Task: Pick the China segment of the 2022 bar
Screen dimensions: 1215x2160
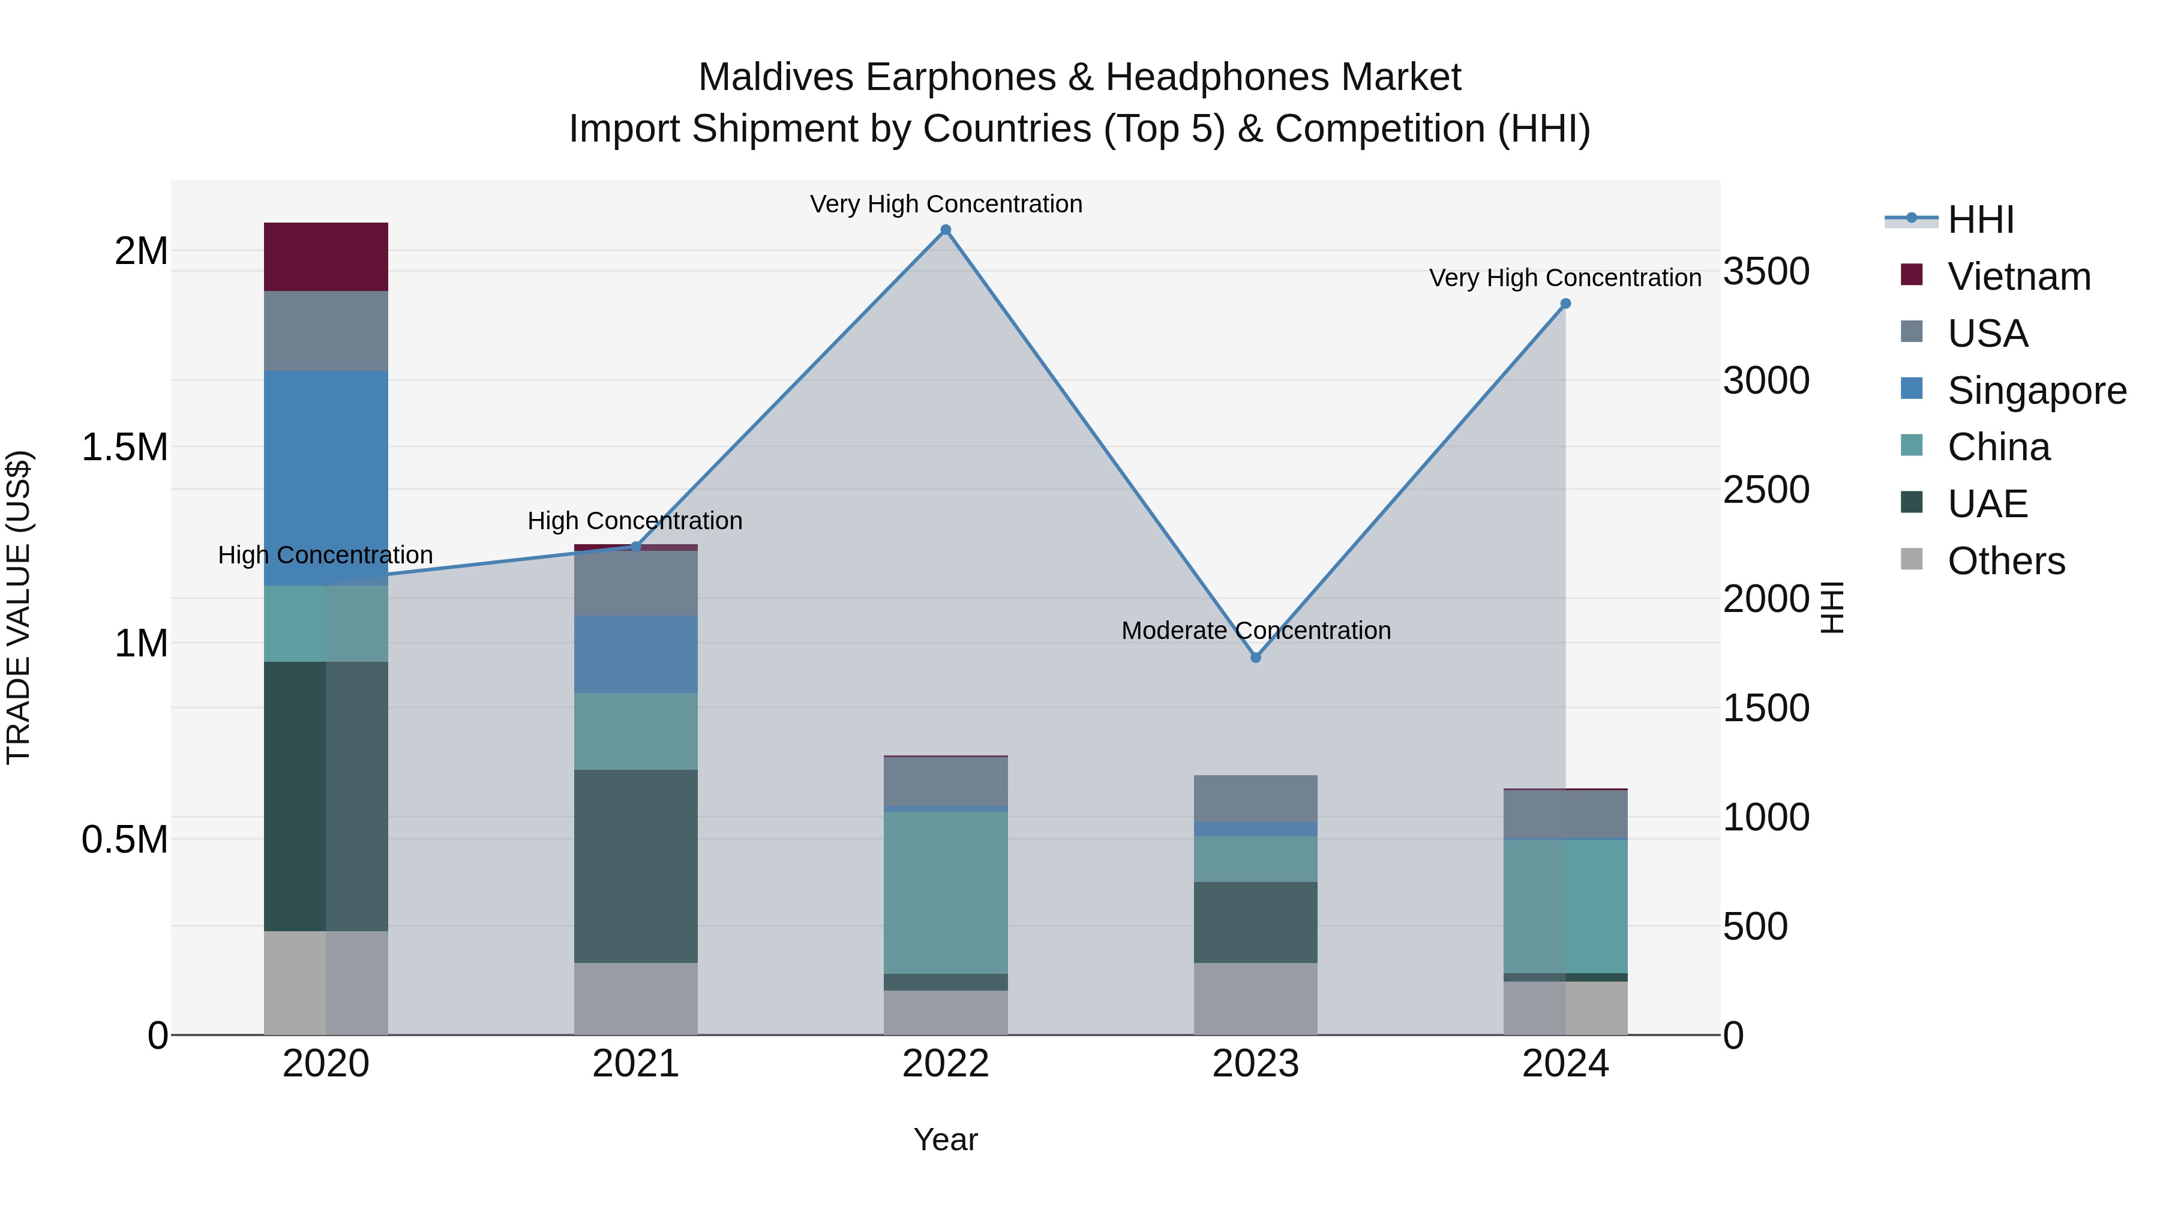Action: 945,892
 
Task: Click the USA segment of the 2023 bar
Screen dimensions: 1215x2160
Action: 1255,798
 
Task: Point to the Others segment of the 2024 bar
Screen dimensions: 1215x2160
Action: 1565,1008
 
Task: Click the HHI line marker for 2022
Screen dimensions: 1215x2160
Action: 946,230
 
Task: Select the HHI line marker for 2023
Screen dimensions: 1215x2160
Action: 1255,658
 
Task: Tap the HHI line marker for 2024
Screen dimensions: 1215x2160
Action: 1565,304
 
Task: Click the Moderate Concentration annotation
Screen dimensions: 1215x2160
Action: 1255,631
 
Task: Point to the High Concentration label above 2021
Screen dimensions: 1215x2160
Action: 635,521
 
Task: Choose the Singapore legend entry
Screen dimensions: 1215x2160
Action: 2036,391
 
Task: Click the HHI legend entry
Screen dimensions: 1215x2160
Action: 1980,220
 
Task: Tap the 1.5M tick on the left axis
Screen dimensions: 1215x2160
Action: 125,448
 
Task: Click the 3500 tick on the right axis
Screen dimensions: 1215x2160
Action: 1766,272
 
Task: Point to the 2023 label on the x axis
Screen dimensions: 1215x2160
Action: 1255,1064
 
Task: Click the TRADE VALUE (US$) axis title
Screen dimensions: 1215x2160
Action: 19,607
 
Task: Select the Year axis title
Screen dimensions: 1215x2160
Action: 945,1139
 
